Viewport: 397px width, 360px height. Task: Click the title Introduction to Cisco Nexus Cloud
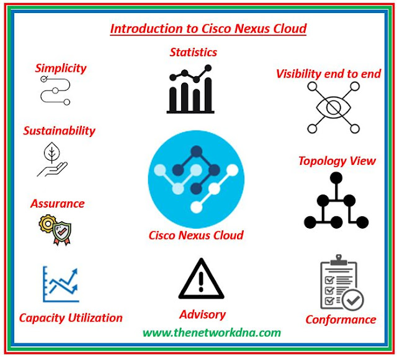pos(208,29)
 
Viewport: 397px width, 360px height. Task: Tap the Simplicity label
pos(61,68)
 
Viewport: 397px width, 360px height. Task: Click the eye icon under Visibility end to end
pos(334,108)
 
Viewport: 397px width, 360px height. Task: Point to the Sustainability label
pos(59,131)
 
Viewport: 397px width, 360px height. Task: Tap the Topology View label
pos(337,161)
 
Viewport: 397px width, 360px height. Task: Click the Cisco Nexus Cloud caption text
pos(196,235)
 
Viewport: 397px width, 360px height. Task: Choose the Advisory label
pos(202,314)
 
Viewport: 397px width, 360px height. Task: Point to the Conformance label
pos(341,320)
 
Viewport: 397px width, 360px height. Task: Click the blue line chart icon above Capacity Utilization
pos(61,284)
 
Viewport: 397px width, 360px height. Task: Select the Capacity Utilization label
pos(71,318)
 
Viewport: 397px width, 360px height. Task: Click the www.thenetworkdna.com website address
pos(212,333)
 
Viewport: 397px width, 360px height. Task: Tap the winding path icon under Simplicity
pos(55,90)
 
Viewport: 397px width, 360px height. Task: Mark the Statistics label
pos(194,52)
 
